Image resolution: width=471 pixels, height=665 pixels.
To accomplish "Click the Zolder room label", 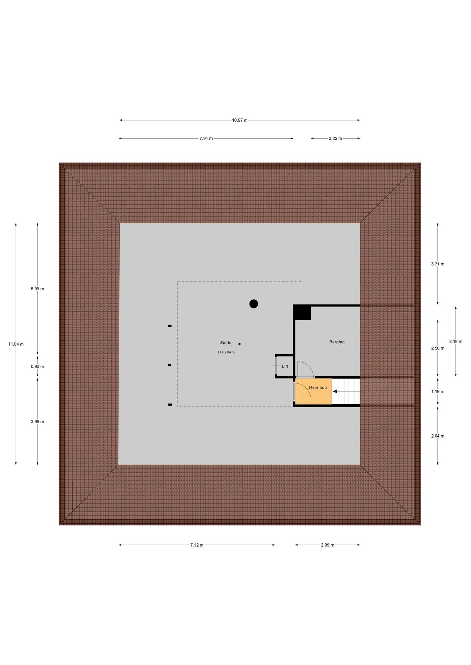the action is coord(226,343).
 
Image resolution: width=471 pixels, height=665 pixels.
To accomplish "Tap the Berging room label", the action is coord(337,342).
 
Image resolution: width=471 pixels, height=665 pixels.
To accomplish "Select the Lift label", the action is coord(285,366).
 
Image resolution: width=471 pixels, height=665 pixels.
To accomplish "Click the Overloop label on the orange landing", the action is coord(318,388).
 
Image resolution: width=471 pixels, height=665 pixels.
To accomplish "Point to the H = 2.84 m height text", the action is coord(226,352).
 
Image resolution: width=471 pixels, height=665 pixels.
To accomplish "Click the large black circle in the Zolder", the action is coord(254,304).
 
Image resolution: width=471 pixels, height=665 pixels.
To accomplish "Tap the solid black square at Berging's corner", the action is coord(302,312).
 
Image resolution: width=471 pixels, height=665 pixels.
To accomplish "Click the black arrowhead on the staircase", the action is coord(335,391).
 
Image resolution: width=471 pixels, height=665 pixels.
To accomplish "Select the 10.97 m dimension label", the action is coord(240,120).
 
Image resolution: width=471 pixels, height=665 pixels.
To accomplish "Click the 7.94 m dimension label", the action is coord(206,139).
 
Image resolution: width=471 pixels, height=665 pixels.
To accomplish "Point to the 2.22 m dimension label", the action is coord(335,139).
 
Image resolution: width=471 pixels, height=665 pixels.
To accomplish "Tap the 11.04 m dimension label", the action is coord(16,344).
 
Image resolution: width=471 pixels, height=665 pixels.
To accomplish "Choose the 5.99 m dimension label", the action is coord(37,289).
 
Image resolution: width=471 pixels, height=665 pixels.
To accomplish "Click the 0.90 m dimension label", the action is coord(37,366).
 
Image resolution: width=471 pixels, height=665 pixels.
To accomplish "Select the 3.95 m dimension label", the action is coord(37,422).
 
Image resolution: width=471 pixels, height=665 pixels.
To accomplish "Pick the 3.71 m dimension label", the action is coord(438,264).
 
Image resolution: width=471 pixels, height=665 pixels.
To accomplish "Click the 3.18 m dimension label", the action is coord(456,342).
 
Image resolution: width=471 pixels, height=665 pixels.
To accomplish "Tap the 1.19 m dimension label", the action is coord(438,391).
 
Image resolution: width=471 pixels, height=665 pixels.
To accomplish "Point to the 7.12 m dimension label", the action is coord(197,545).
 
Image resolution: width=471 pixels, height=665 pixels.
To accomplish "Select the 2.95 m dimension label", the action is coord(327,545).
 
